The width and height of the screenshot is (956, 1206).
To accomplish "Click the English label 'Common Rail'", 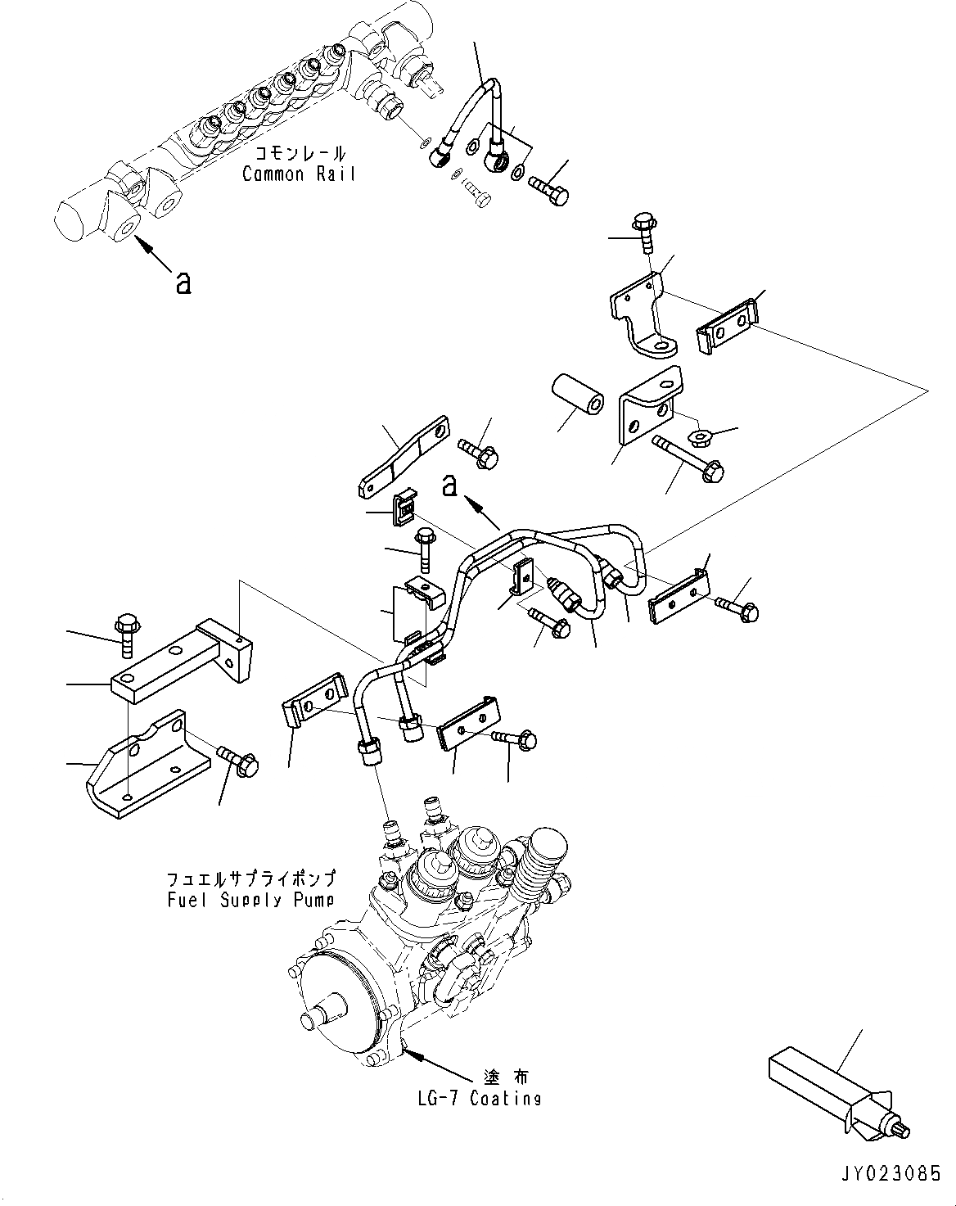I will pyautogui.click(x=299, y=174).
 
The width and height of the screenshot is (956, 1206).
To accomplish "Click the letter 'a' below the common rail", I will pyautogui.click(x=183, y=283).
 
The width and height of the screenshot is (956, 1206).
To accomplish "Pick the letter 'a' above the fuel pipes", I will pyautogui.click(x=449, y=486).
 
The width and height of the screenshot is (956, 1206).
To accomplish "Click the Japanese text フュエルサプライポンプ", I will pyautogui.click(x=250, y=879).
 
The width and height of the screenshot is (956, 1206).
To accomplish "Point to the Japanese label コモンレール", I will pyautogui.click(x=300, y=153).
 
